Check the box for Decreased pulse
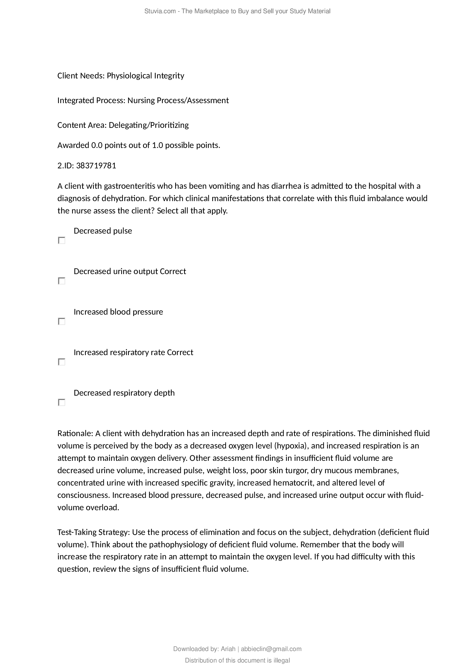point(61,240)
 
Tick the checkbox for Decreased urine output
point(61,281)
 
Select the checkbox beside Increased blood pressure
point(61,321)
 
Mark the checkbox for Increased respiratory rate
point(61,362)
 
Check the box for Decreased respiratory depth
point(61,403)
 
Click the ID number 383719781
point(96,166)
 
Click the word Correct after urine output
point(173,271)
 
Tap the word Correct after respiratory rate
point(180,352)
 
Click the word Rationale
point(75,433)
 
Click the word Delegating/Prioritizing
point(148,125)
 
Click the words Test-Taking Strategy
point(93,532)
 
